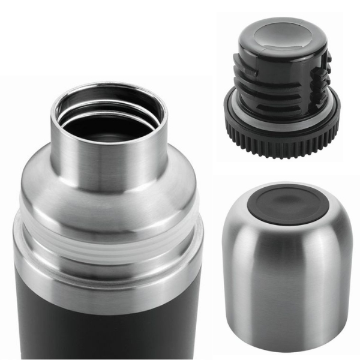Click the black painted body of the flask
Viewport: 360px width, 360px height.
(108, 318)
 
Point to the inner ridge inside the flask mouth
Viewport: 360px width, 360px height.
(108, 112)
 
